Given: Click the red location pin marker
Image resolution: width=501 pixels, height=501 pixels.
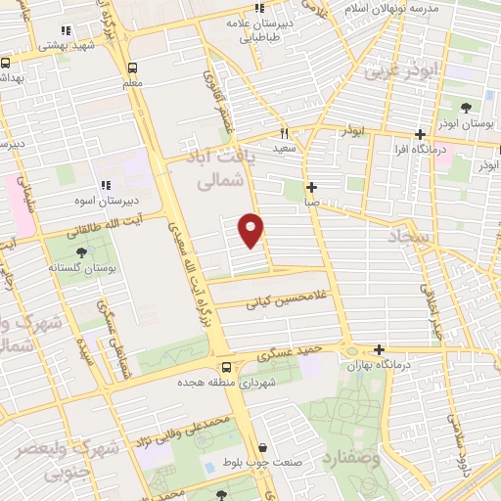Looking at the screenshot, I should coord(252,229).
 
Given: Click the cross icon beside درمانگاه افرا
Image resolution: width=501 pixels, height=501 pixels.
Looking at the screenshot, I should coord(420,135).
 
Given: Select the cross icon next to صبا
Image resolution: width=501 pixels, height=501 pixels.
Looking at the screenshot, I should coord(311,187).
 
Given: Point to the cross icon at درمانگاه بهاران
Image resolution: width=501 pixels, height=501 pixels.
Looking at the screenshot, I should coord(379,349).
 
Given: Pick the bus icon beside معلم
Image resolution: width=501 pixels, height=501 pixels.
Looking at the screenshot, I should coord(133,68).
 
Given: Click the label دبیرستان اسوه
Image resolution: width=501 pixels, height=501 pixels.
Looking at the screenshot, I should coord(108,200).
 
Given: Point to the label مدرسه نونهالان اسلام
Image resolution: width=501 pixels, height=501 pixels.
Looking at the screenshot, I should coord(402,8).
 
